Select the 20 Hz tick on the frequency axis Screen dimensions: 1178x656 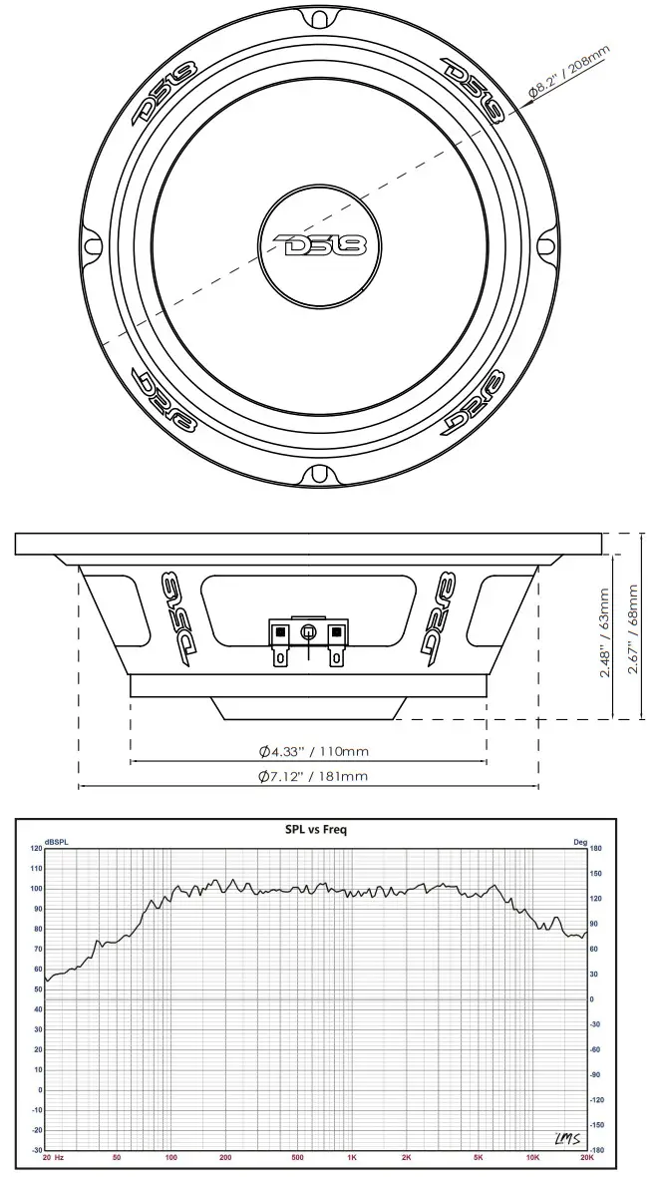coord(54,1158)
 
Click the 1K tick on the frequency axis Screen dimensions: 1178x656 coord(352,1158)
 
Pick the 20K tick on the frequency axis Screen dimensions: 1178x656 coord(586,1158)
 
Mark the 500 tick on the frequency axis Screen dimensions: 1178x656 coord(297,1158)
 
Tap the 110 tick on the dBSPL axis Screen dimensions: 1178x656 coord(37,869)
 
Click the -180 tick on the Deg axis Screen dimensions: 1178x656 coord(598,1150)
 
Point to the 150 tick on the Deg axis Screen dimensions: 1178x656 coord(596,874)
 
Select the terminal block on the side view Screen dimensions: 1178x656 coord(308,638)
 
